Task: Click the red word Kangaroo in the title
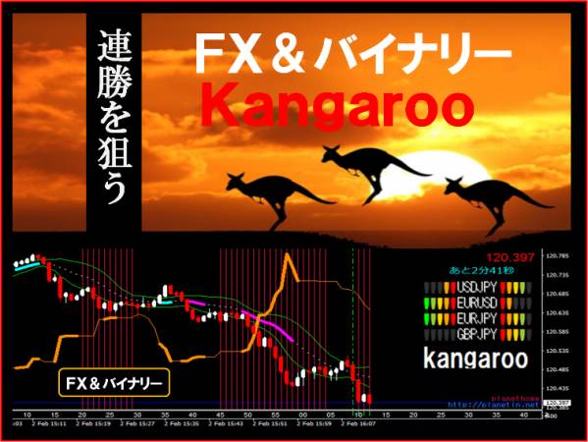click(339, 103)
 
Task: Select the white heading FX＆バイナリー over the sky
click(351, 51)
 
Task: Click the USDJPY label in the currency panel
click(475, 288)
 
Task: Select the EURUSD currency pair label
click(475, 304)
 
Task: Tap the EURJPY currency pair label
click(475, 319)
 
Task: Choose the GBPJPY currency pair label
click(475, 335)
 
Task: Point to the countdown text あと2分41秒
click(478, 271)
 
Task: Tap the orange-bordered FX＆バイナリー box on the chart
click(114, 380)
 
